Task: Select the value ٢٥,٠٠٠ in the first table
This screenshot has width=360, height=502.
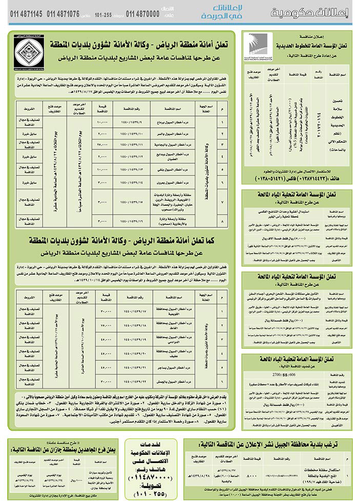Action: (x=103, y=145)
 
